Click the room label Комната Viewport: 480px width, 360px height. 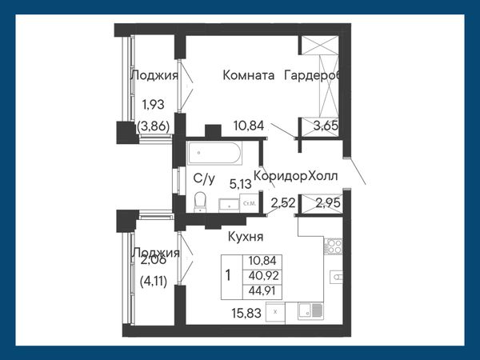tap(248, 75)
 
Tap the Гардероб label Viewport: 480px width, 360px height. tap(312, 75)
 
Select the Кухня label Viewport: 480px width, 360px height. tap(246, 237)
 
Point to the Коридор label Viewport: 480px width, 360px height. tap(281, 176)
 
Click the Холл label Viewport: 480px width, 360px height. tap(323, 176)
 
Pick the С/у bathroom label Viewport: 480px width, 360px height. tap(204, 178)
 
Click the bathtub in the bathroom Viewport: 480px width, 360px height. tap(214, 153)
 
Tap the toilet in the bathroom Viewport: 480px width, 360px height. tap(201, 202)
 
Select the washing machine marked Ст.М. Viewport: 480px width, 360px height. tap(249, 203)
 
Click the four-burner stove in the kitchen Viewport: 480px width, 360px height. tap(333, 246)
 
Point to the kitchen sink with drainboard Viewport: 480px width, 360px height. tap(310, 310)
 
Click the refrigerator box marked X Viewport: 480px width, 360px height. tap(275, 312)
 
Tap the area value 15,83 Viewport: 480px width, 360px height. tap(246, 313)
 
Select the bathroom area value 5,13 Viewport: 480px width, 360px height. tap(240, 184)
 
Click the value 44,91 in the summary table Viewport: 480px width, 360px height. tap(263, 290)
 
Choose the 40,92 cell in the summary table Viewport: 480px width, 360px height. tap(263, 276)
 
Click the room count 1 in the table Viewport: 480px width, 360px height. tap(228, 275)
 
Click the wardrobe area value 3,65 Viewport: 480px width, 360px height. tap(326, 126)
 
